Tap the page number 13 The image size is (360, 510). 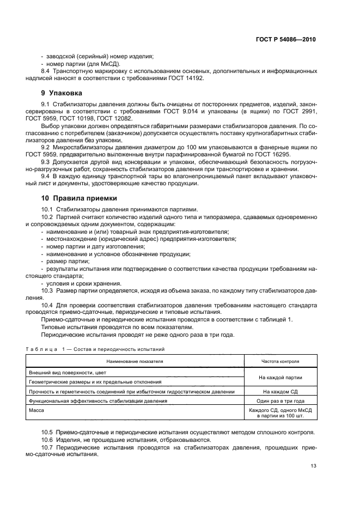[312, 466]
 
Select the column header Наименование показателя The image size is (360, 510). [135, 361]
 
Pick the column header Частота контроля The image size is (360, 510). [281, 361]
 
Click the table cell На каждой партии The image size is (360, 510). [281, 377]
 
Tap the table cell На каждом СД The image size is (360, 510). [281, 391]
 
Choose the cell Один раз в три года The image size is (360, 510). [281, 400]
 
